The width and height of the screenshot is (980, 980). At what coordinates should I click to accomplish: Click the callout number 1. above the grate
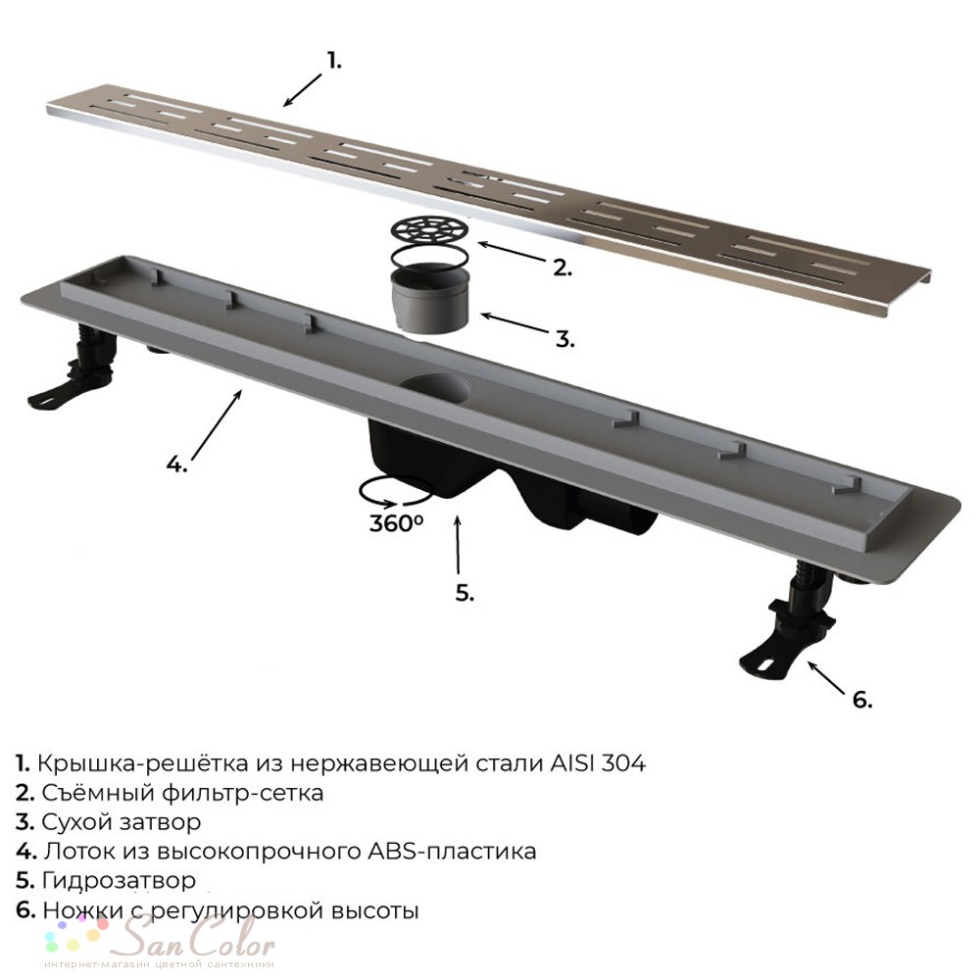pos(335,61)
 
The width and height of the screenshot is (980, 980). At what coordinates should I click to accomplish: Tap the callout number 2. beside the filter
pos(563,268)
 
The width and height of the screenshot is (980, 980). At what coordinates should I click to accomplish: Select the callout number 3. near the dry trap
pos(565,339)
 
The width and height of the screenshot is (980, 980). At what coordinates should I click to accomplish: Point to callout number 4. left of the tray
pos(176,464)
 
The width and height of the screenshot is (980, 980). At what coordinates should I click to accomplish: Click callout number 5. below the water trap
pos(465,593)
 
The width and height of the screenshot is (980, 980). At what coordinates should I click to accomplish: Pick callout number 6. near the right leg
pos(862,700)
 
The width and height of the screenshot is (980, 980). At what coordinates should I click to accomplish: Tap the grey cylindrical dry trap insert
pos(430,299)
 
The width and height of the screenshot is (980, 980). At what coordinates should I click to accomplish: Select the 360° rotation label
pos(396,522)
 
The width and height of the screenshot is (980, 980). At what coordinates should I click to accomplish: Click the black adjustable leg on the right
pos(788,625)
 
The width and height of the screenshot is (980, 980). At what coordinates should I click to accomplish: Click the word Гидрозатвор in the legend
pos(119,881)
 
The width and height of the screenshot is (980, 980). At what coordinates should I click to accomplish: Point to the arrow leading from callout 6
pos(827,677)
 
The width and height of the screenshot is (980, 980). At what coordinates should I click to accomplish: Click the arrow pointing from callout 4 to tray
pos(217,424)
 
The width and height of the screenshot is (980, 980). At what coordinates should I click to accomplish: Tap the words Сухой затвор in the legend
pos(122,822)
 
